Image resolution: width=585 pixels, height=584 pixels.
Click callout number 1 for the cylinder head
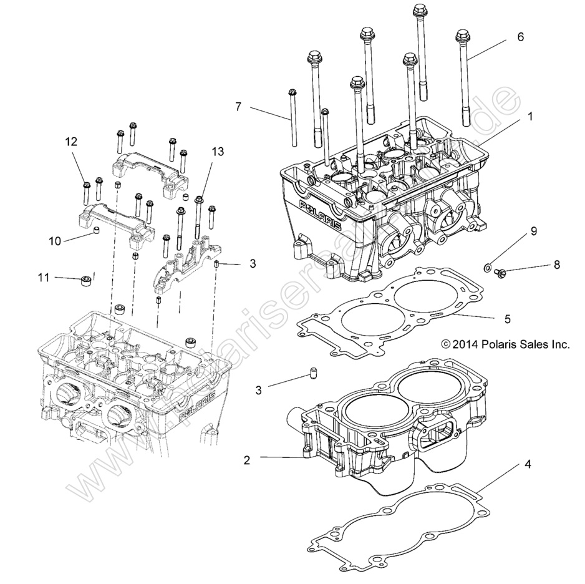[529, 116]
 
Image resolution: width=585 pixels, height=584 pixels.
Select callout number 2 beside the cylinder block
[247, 460]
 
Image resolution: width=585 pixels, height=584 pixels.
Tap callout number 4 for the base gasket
[528, 464]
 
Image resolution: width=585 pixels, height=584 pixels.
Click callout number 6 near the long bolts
[520, 37]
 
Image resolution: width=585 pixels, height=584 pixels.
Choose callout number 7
[238, 107]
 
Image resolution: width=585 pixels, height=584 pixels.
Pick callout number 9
[533, 231]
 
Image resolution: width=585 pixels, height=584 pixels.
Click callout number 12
[72, 142]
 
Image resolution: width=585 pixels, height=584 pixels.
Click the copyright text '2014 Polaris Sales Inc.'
[505, 344]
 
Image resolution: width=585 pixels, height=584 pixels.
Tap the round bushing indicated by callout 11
[84, 280]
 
